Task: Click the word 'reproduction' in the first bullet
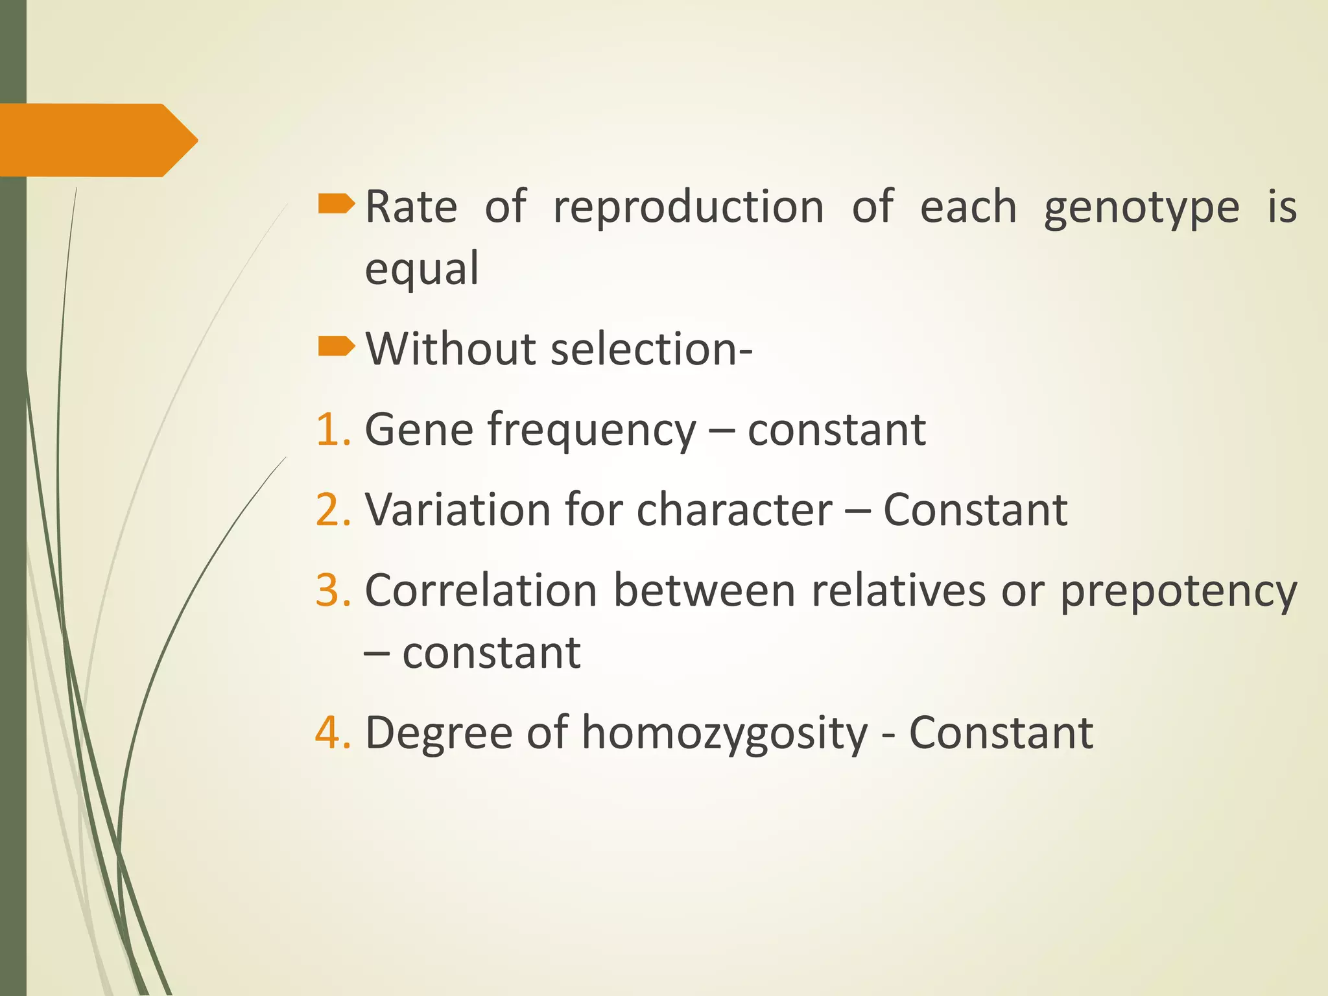coord(688,207)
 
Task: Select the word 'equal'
coord(421,268)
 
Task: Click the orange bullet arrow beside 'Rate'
coord(336,205)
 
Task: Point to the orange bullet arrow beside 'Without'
coord(336,347)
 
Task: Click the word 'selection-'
coord(651,349)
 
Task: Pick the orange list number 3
coord(332,591)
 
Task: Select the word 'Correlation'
coord(480,591)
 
